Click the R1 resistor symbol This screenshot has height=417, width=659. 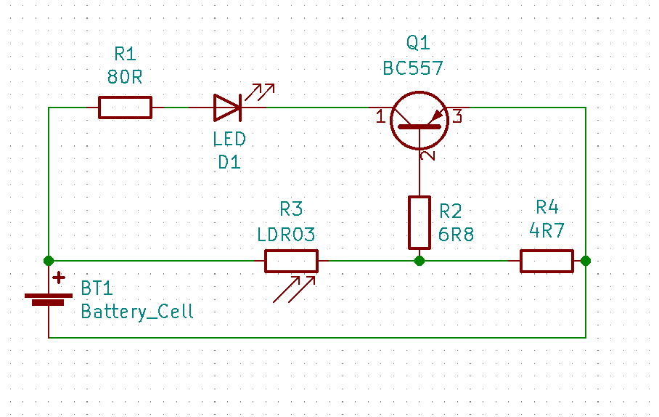125,108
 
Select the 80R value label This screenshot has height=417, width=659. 125,77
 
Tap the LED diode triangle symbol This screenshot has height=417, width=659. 226,108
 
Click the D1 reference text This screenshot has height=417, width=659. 229,163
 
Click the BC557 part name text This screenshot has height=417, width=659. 413,68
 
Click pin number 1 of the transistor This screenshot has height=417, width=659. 381,116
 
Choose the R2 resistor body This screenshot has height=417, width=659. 419,222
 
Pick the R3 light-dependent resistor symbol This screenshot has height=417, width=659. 291,261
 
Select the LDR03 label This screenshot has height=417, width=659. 287,235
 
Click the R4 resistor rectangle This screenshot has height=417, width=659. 547,261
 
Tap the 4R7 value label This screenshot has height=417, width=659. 547,231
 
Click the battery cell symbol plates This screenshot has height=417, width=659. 49,299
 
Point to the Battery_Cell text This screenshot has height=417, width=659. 137,312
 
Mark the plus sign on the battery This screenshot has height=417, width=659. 58,278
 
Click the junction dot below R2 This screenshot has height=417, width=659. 419,261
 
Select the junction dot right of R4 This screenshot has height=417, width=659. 586,261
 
